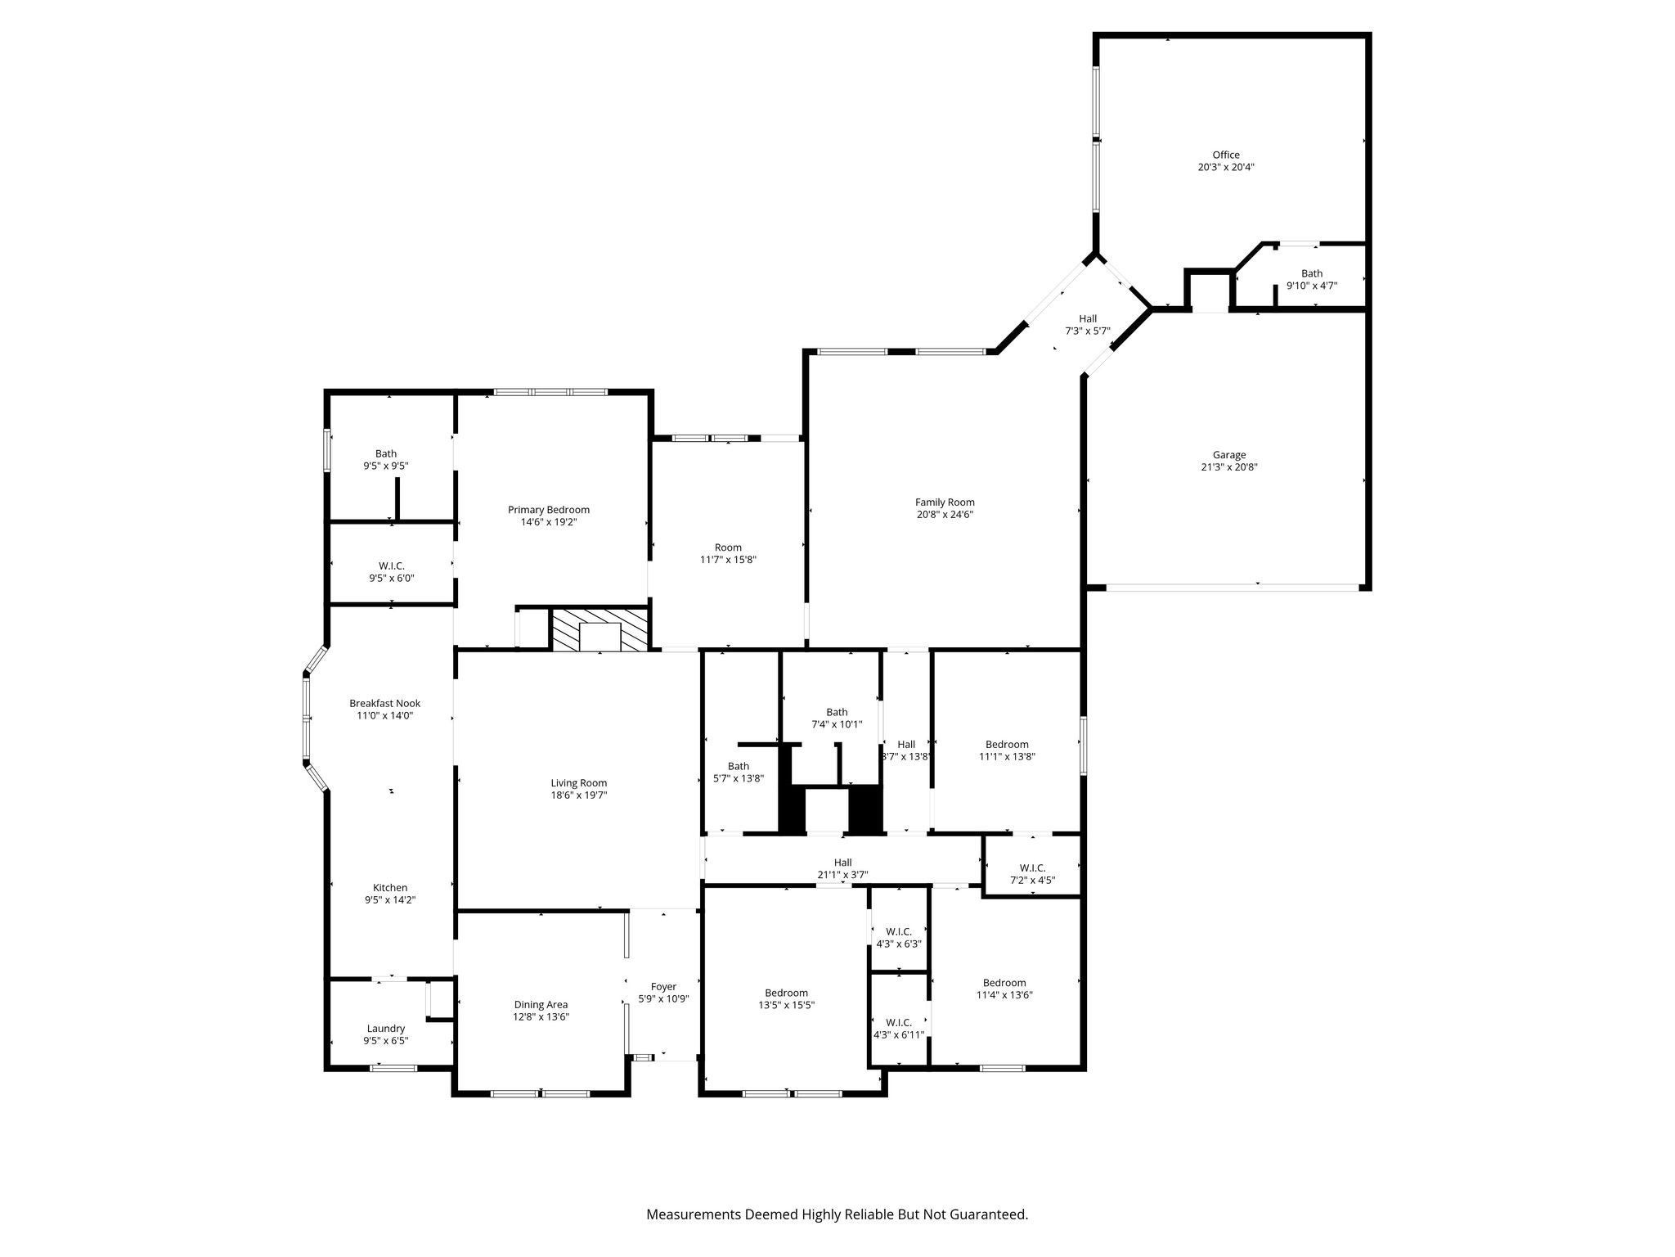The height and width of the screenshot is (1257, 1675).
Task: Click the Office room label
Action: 1225,155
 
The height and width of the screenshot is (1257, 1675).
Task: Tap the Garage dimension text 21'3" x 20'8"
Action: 1229,467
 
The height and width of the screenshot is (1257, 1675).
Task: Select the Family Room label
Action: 945,502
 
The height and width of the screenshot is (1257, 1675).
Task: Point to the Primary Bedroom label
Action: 548,510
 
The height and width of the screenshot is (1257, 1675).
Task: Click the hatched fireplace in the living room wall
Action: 600,628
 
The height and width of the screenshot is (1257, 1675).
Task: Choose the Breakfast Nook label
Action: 384,703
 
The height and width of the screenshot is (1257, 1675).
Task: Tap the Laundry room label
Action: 385,1029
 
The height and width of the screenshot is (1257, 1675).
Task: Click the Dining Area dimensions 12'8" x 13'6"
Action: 541,1017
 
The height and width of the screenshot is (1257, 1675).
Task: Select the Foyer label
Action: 663,987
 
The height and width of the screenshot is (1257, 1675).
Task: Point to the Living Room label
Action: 578,783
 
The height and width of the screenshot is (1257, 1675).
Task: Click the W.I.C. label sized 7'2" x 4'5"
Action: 1032,867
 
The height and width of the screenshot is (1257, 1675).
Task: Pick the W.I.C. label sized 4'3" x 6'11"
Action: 898,1023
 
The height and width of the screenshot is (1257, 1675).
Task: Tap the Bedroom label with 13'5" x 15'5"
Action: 786,993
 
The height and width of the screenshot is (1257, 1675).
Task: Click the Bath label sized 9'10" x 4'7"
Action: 1311,273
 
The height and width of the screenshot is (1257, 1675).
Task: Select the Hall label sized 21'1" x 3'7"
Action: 842,863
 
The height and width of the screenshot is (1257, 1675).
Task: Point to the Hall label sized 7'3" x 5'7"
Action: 1087,319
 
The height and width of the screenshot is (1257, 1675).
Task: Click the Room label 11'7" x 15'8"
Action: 727,547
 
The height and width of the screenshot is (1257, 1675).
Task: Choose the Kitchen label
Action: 390,888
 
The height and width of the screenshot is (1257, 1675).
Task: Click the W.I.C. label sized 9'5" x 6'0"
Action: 391,566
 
